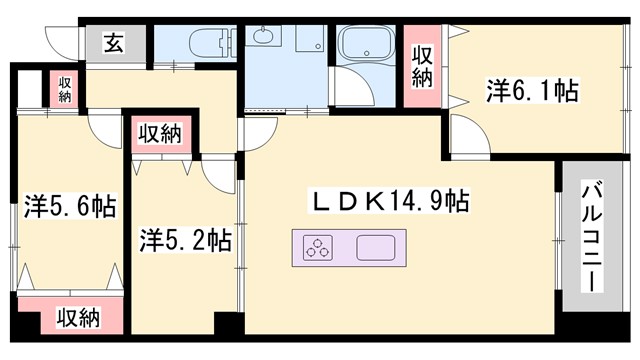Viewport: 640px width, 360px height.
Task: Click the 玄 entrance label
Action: click(113, 43)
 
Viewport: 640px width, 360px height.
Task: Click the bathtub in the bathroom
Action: click(368, 47)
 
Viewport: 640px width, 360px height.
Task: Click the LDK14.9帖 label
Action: click(390, 200)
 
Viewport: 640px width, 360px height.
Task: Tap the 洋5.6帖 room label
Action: click(69, 207)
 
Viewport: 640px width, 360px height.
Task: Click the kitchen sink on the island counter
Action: click(376, 246)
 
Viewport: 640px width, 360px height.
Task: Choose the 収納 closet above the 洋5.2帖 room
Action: click(158, 132)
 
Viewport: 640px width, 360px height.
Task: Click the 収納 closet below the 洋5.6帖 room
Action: click(77, 317)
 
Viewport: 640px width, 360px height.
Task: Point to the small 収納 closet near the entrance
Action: click(64, 89)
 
